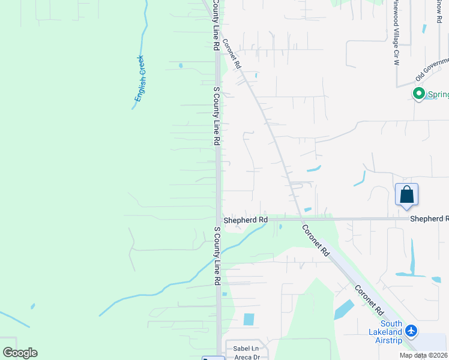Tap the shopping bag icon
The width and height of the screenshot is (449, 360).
406,195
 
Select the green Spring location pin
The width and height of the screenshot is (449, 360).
419,94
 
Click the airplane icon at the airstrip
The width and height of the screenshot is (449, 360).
411,330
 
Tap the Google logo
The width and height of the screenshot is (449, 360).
20,353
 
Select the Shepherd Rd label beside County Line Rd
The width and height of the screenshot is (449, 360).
246,220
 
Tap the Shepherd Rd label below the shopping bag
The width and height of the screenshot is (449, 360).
429,219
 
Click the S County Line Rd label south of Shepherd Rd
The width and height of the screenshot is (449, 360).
217,256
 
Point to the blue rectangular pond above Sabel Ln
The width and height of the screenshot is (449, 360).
249,319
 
